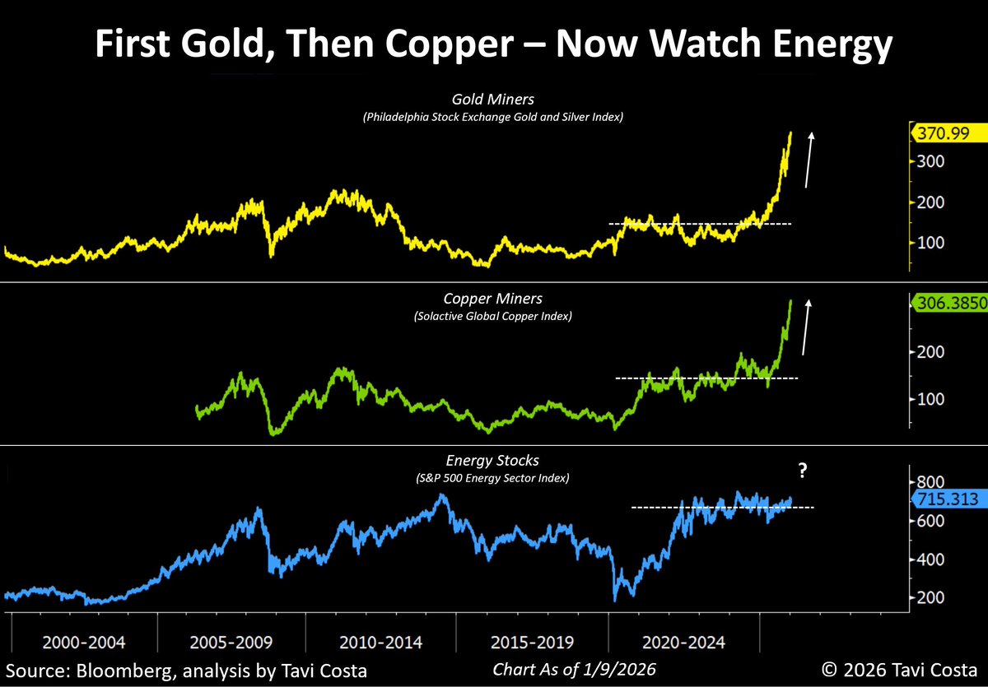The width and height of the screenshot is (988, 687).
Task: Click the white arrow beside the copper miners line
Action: [x=807, y=327]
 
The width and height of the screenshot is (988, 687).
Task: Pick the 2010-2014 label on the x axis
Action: [x=378, y=640]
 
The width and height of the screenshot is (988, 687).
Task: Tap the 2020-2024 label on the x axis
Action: [x=677, y=640]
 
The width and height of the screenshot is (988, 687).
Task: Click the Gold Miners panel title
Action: [x=492, y=100]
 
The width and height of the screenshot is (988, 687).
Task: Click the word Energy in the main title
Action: [x=818, y=45]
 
